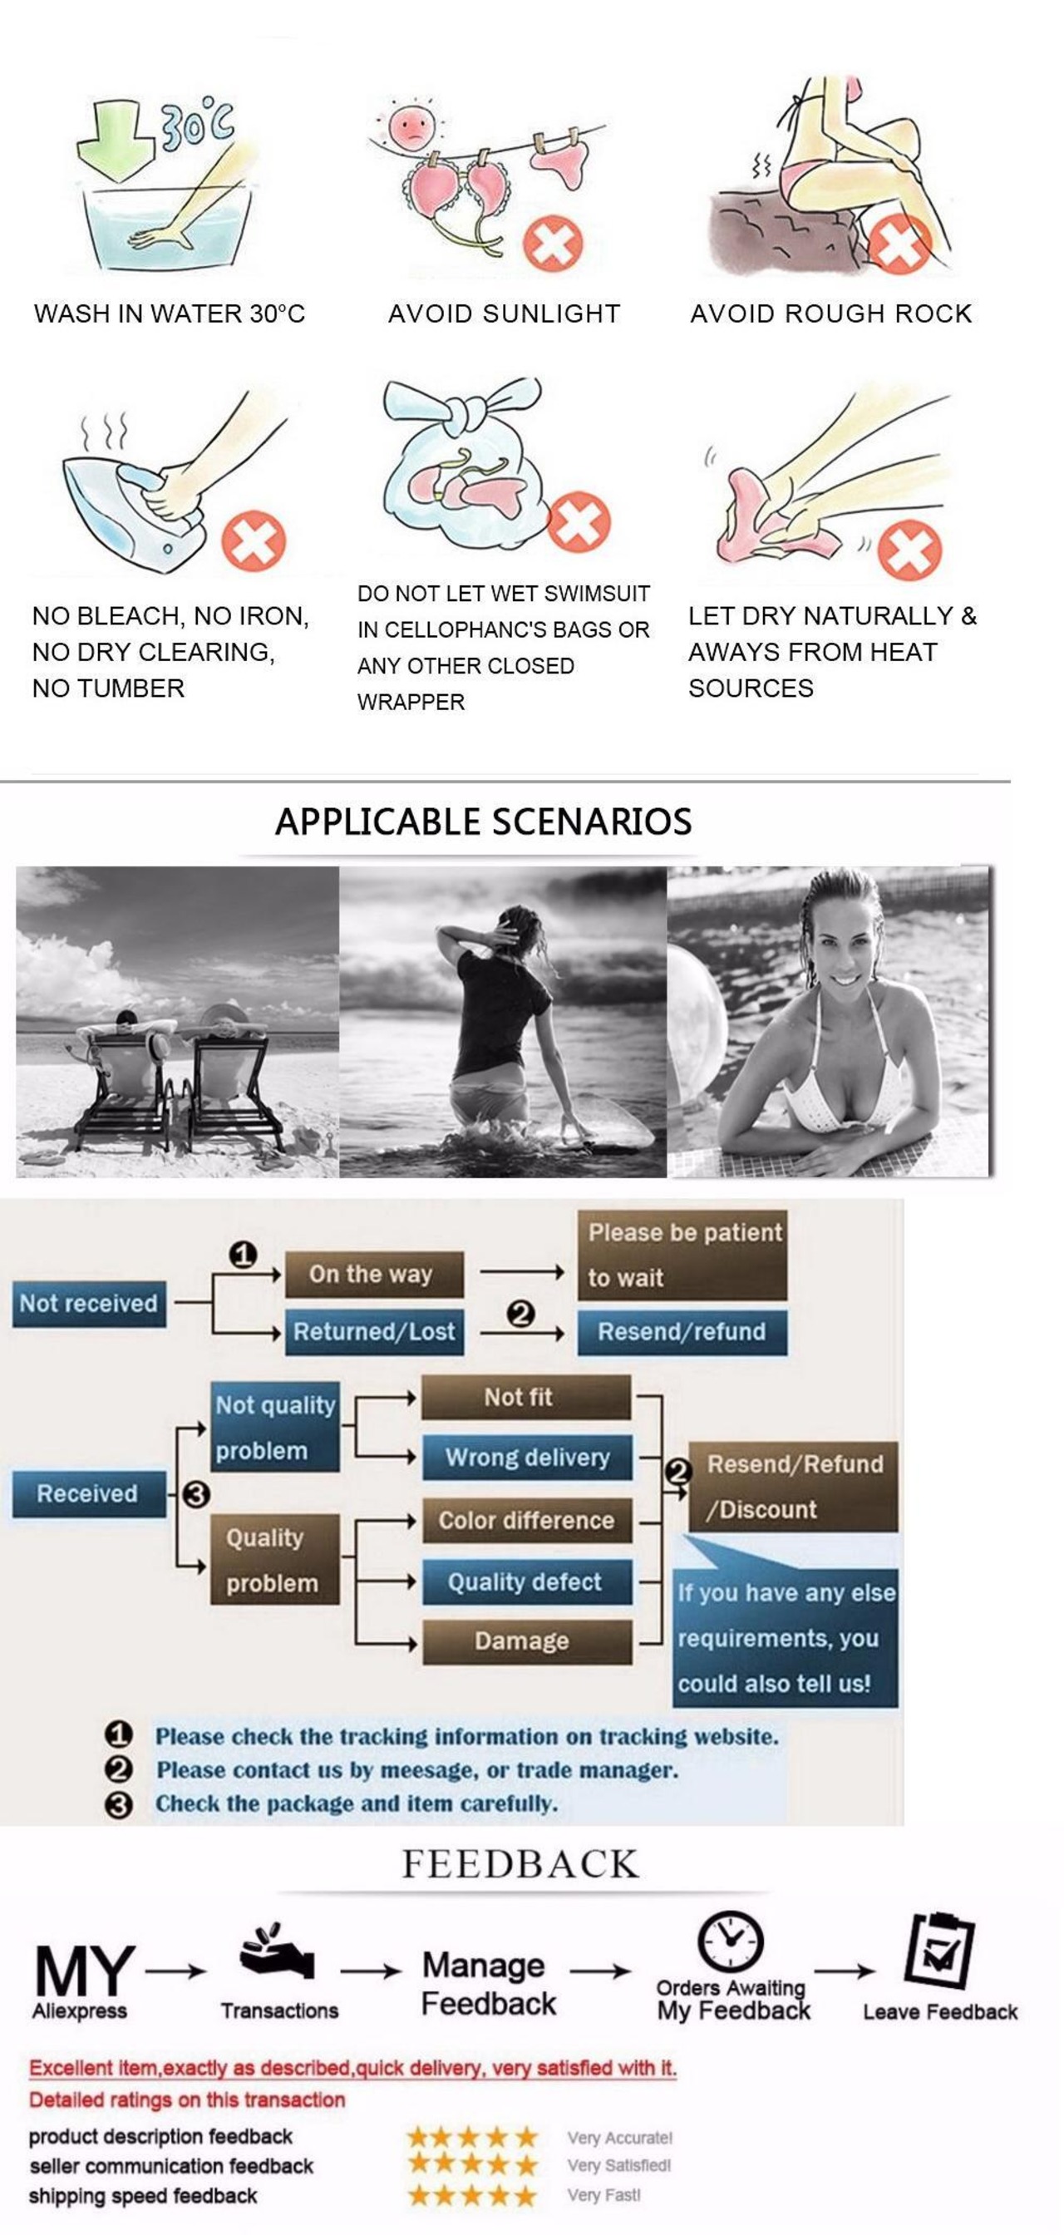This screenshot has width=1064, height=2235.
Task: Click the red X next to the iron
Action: [254, 540]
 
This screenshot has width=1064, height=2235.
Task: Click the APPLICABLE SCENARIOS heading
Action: [483, 821]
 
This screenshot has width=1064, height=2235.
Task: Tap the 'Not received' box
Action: [88, 1303]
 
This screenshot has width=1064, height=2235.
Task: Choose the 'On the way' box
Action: [373, 1274]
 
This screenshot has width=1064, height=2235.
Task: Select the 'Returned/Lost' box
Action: [374, 1332]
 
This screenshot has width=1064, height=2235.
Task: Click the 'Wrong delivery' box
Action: [527, 1457]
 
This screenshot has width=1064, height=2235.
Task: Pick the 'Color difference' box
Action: [526, 1520]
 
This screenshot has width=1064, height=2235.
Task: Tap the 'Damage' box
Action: [526, 1640]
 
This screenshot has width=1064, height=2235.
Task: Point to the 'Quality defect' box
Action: [526, 1581]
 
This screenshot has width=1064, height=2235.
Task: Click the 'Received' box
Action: [87, 1493]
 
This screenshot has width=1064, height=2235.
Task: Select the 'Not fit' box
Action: [525, 1397]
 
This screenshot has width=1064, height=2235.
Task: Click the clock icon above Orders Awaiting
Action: [730, 1940]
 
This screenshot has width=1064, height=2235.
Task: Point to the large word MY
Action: [84, 1971]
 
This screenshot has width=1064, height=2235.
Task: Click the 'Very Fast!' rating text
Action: [603, 2195]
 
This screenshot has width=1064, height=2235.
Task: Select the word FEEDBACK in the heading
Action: [520, 1864]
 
